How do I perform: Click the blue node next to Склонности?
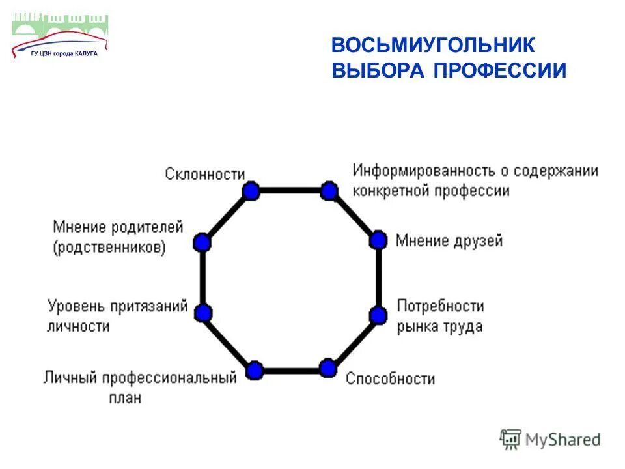[251, 191]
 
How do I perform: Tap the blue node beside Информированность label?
[329, 191]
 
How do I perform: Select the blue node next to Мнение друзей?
[378, 240]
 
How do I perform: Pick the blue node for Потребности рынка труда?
[378, 315]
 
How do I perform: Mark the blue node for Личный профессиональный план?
[255, 371]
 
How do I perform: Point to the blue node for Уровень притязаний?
[203, 313]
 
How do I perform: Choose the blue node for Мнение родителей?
[202, 243]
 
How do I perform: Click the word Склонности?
[205, 175]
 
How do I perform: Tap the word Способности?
[390, 378]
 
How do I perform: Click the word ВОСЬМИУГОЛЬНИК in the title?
[433, 46]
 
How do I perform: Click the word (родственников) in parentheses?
[109, 248]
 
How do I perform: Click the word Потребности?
[441, 306]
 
